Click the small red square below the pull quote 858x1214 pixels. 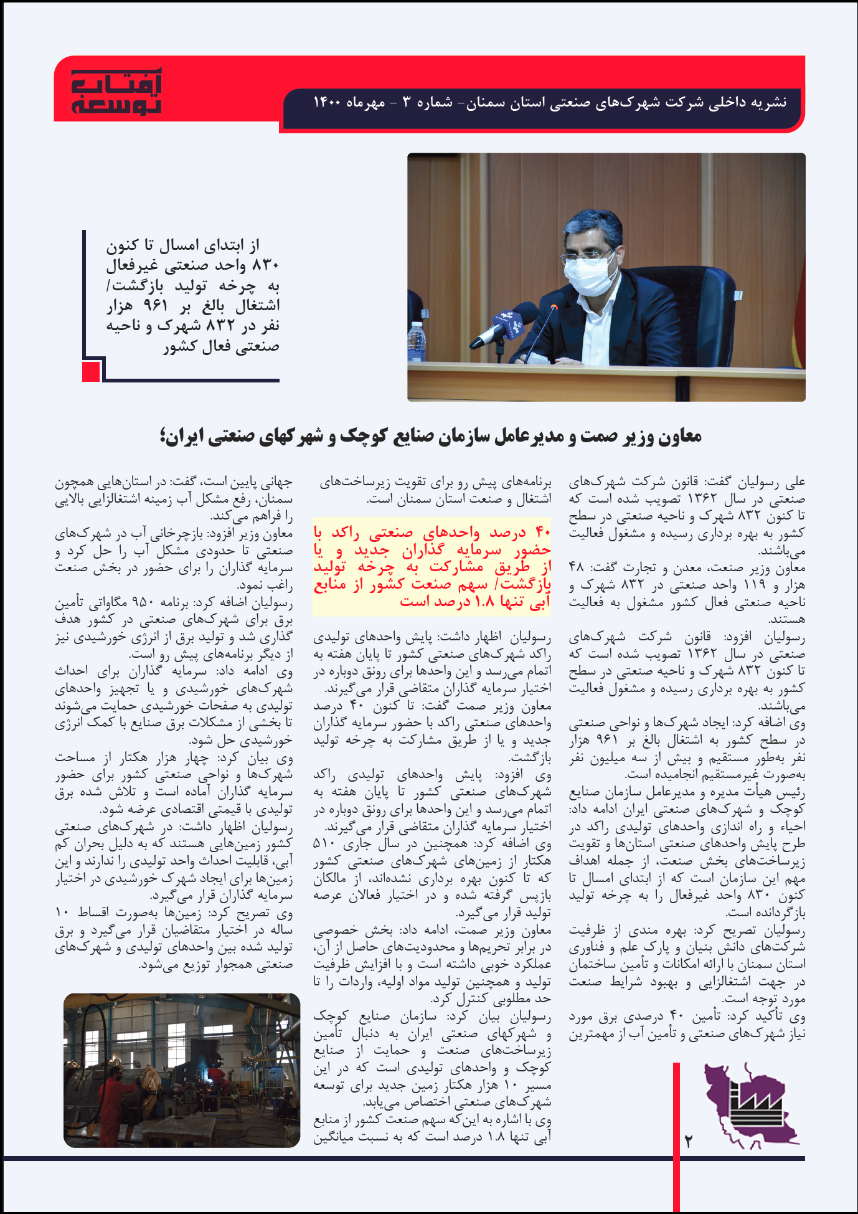point(91,372)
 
